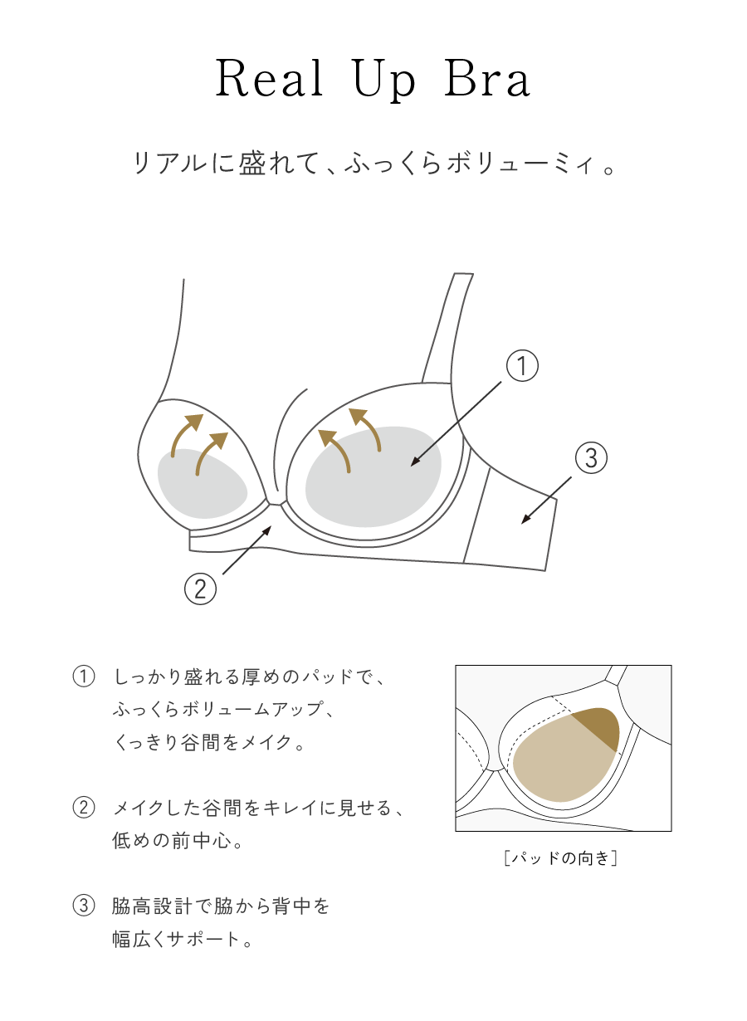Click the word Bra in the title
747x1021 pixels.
coord(486,81)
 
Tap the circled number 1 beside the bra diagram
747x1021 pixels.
coord(522,366)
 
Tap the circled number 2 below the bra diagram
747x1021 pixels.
coord(200,589)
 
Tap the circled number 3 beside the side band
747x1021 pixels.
coord(590,457)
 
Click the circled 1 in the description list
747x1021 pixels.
coord(85,677)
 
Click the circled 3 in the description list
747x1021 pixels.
coord(85,906)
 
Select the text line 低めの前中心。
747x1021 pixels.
coord(178,841)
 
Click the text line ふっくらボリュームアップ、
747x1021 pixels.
coord(222,710)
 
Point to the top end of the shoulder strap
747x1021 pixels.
coord(464,276)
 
